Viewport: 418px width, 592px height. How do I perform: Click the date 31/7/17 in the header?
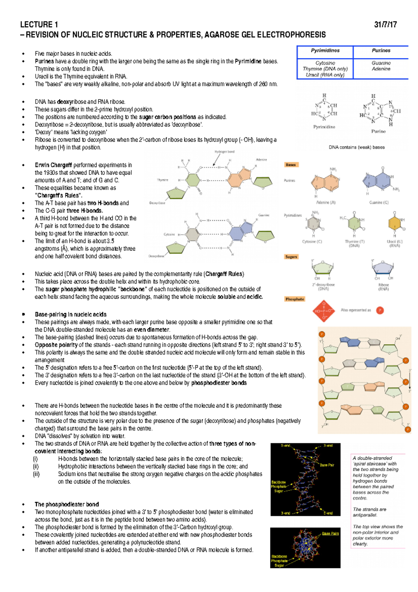click(385, 25)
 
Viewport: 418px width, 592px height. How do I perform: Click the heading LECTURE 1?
click(39, 25)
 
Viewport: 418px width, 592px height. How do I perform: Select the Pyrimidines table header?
click(325, 51)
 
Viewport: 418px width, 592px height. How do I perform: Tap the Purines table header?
click(381, 51)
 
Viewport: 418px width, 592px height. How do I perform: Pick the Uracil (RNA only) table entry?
click(325, 75)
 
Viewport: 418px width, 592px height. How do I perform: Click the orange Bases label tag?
click(291, 165)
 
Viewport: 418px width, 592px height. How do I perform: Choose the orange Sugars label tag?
click(291, 257)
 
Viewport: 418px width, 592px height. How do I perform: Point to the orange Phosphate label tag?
click(295, 299)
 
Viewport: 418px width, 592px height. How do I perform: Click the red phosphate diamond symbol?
click(324, 311)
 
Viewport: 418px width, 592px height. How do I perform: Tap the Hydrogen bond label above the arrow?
click(224, 152)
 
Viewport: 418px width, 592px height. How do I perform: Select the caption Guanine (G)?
click(379, 203)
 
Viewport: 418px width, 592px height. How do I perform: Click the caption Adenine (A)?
click(326, 203)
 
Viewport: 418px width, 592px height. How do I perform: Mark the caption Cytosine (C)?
click(312, 242)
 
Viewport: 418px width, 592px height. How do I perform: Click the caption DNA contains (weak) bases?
click(357, 147)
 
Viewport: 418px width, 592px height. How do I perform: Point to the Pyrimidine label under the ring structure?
click(324, 127)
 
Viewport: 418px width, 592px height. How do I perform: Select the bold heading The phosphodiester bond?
click(67, 504)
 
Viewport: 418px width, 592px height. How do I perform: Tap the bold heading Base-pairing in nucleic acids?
click(70, 314)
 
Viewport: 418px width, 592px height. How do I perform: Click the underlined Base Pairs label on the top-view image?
click(330, 533)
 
